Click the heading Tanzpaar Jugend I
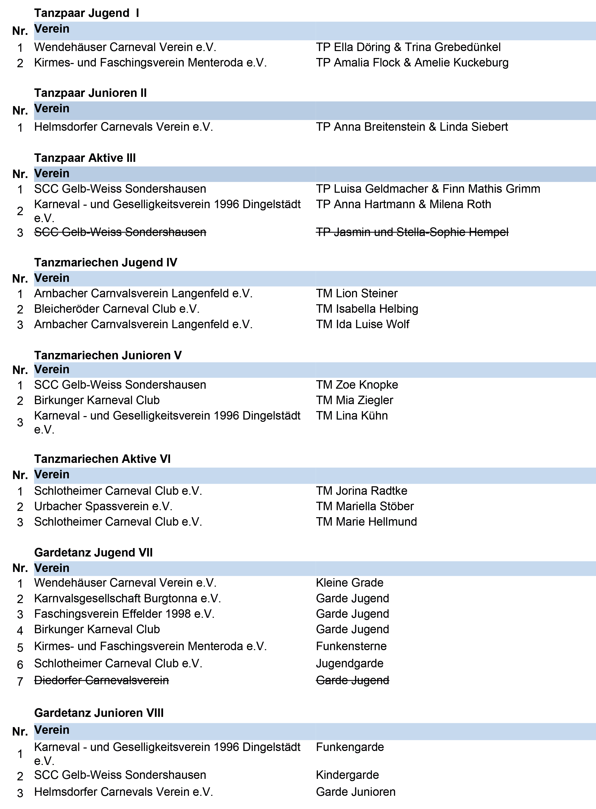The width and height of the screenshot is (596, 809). pyautogui.click(x=87, y=13)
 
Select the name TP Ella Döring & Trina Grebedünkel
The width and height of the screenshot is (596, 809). pyautogui.click(x=408, y=47)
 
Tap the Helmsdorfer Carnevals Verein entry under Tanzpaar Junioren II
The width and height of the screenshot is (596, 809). pyautogui.click(x=123, y=127)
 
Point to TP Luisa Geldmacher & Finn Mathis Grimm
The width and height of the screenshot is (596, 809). pyautogui.click(x=428, y=189)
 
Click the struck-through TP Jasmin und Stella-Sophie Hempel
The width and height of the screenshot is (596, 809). pyautogui.click(x=412, y=232)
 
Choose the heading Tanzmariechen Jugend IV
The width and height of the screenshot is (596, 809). pyautogui.click(x=106, y=262)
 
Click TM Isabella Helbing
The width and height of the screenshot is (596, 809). pyautogui.click(x=367, y=309)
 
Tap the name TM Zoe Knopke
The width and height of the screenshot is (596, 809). pyautogui.click(x=357, y=385)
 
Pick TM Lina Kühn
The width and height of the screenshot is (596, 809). pyautogui.click(x=352, y=416)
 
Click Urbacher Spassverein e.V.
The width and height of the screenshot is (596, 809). pyautogui.click(x=103, y=506)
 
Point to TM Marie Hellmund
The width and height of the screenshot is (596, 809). pyautogui.click(x=366, y=522)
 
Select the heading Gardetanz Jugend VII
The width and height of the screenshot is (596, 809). pyautogui.click(x=93, y=553)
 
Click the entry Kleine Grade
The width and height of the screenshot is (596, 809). pyautogui.click(x=349, y=583)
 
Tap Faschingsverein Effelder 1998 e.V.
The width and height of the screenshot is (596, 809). pyautogui.click(x=124, y=614)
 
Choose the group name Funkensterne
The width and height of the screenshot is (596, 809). pyautogui.click(x=351, y=646)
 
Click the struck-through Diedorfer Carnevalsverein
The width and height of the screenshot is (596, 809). pyautogui.click(x=101, y=680)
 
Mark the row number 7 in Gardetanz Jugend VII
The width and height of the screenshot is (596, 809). pyautogui.click(x=20, y=681)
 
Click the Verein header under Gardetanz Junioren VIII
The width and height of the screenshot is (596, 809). pyautogui.click(x=52, y=730)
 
